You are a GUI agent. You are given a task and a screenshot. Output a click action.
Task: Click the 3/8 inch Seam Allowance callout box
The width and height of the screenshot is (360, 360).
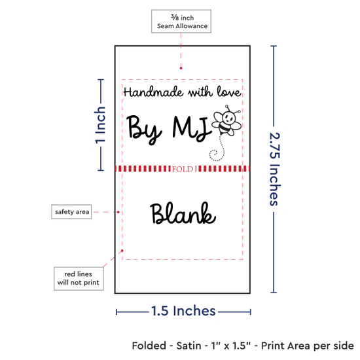[x=181, y=21]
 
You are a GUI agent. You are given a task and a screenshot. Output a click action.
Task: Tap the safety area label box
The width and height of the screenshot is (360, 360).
[x=71, y=211]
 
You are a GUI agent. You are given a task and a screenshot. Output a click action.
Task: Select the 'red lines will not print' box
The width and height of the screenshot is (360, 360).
[x=79, y=278]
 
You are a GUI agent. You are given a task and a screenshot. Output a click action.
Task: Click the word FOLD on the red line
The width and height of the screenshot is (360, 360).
[x=183, y=170]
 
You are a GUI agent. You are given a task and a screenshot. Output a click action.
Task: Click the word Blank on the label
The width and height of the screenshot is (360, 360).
[x=183, y=213]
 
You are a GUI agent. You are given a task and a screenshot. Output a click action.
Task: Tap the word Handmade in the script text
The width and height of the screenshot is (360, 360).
[x=153, y=92]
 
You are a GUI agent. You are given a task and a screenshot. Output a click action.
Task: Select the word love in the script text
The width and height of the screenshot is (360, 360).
[x=228, y=92]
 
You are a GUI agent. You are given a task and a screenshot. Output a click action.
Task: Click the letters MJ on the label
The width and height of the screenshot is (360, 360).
[x=192, y=128]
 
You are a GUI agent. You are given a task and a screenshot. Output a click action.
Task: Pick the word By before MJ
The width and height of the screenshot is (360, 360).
[x=145, y=130]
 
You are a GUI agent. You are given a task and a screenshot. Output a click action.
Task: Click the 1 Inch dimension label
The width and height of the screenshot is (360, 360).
[x=100, y=125]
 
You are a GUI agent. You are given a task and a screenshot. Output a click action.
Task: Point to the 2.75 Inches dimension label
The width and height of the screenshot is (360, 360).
[x=274, y=169]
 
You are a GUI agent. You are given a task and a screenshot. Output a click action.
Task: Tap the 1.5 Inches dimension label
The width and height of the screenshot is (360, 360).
[x=183, y=311]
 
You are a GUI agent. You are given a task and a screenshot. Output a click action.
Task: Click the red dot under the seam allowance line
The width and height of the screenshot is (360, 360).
[x=181, y=68]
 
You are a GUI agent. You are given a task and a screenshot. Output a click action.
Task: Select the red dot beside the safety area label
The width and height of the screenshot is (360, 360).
[x=118, y=212]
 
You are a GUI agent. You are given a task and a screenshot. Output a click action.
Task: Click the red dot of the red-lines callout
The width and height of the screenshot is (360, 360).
[x=122, y=251]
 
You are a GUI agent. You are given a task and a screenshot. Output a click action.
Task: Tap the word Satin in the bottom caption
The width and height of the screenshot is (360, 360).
[x=189, y=346]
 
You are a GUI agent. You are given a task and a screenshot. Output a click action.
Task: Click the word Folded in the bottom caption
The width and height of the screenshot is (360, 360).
[x=149, y=346]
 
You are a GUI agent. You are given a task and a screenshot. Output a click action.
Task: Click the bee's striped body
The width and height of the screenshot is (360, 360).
[x=225, y=128]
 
